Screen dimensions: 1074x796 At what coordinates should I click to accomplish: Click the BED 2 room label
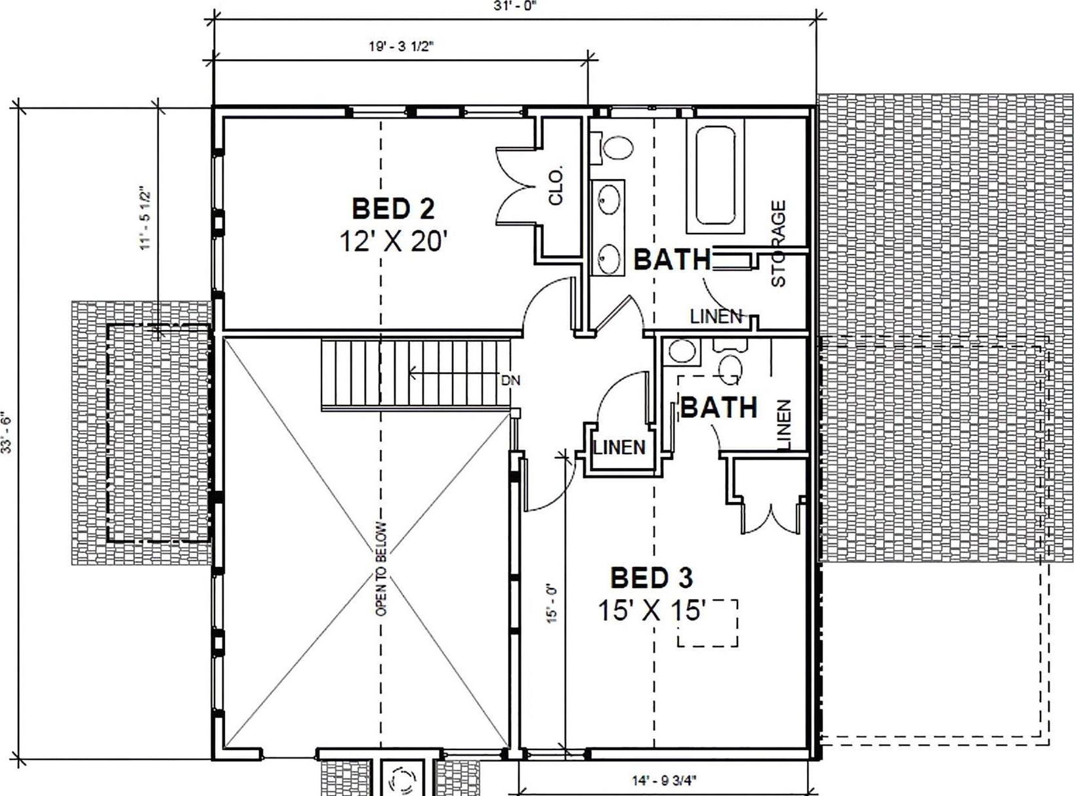[x=393, y=209]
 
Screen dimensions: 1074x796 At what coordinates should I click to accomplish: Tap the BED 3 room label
[x=651, y=577]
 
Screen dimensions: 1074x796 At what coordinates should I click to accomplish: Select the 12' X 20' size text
[x=391, y=241]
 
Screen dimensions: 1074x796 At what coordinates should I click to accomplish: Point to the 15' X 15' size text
[x=650, y=610]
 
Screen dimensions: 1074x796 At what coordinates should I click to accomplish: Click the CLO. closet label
[x=556, y=186]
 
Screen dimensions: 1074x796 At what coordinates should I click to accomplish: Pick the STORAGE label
[x=777, y=244]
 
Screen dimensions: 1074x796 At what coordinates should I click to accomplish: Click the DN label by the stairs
[x=510, y=381]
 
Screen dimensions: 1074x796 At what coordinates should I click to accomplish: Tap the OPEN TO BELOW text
[x=382, y=569]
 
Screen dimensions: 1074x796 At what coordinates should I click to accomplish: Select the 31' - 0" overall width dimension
[x=515, y=5]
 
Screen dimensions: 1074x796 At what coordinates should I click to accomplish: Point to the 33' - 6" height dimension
[x=8, y=430]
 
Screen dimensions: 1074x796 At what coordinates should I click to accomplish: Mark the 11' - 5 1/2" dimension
[x=145, y=217]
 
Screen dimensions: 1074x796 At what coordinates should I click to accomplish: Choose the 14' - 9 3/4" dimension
[x=664, y=780]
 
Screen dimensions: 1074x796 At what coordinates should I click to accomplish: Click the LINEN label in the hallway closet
[x=620, y=448]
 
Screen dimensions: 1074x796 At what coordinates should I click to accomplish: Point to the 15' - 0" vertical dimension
[x=552, y=602]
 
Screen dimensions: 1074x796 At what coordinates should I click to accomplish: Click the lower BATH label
[x=718, y=408]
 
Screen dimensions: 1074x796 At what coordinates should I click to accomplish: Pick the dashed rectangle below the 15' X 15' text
[x=707, y=623]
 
